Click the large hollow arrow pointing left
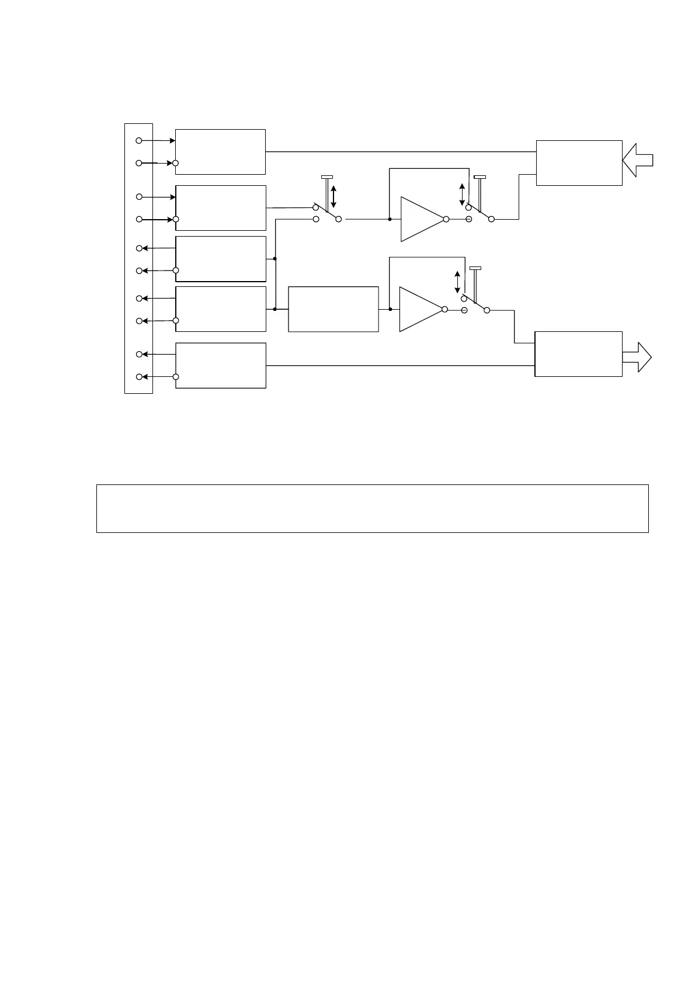pos(638,160)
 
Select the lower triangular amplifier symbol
pos(420,309)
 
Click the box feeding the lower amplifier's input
pos(333,309)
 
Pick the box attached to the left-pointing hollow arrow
pos(579,163)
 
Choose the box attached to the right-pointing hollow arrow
pos(578,354)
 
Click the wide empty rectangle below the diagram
pos(372,508)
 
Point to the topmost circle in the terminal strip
pos(139,141)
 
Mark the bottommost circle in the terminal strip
pos(139,377)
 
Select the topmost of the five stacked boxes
pos(220,152)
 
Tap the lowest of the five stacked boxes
pos(220,365)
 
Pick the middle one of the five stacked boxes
pos(220,259)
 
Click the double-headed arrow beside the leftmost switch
pos(333,196)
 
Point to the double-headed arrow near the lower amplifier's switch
pos(457,282)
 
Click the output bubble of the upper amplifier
pos(446,219)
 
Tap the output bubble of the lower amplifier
pos(445,309)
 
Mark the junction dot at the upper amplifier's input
pos(389,219)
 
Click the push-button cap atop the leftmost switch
pos(327,176)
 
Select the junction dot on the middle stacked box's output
pos(274,258)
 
